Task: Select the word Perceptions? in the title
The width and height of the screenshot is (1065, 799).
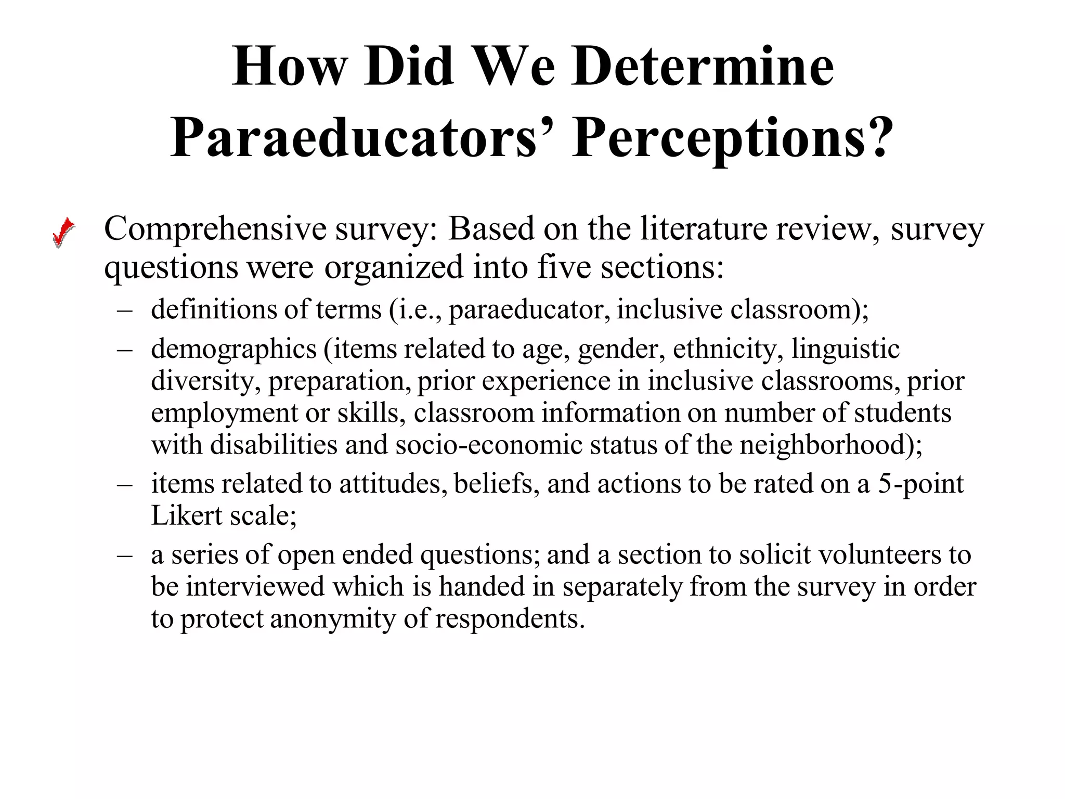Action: (x=733, y=138)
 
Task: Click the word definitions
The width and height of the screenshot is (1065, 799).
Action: (x=214, y=309)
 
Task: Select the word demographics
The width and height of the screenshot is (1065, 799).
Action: (x=233, y=349)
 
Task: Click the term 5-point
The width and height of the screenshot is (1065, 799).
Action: (x=920, y=484)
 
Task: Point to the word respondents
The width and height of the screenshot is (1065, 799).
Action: (x=510, y=619)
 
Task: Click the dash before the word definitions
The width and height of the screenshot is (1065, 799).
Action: (x=125, y=310)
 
